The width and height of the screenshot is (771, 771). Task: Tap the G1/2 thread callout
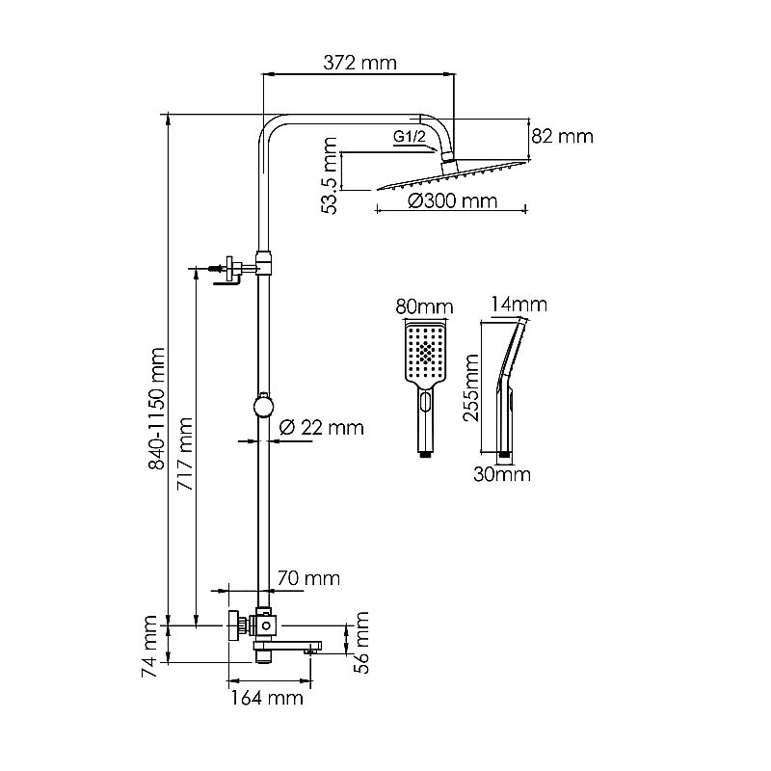[409, 138]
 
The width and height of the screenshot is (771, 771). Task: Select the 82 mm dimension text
[563, 137]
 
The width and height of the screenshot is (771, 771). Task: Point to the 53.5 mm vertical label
[331, 176]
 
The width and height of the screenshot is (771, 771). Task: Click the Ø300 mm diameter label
[452, 201]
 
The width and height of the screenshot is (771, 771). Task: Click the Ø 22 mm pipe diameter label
[321, 428]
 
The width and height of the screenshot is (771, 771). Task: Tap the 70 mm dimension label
[308, 579]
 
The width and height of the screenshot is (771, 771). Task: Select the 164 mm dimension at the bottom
[266, 697]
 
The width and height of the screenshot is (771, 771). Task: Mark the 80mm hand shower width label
[424, 307]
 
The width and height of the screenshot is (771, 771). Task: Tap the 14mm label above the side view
[518, 306]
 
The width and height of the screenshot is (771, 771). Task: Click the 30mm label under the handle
[501, 474]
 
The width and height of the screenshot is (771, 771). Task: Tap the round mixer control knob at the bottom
[233, 625]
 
